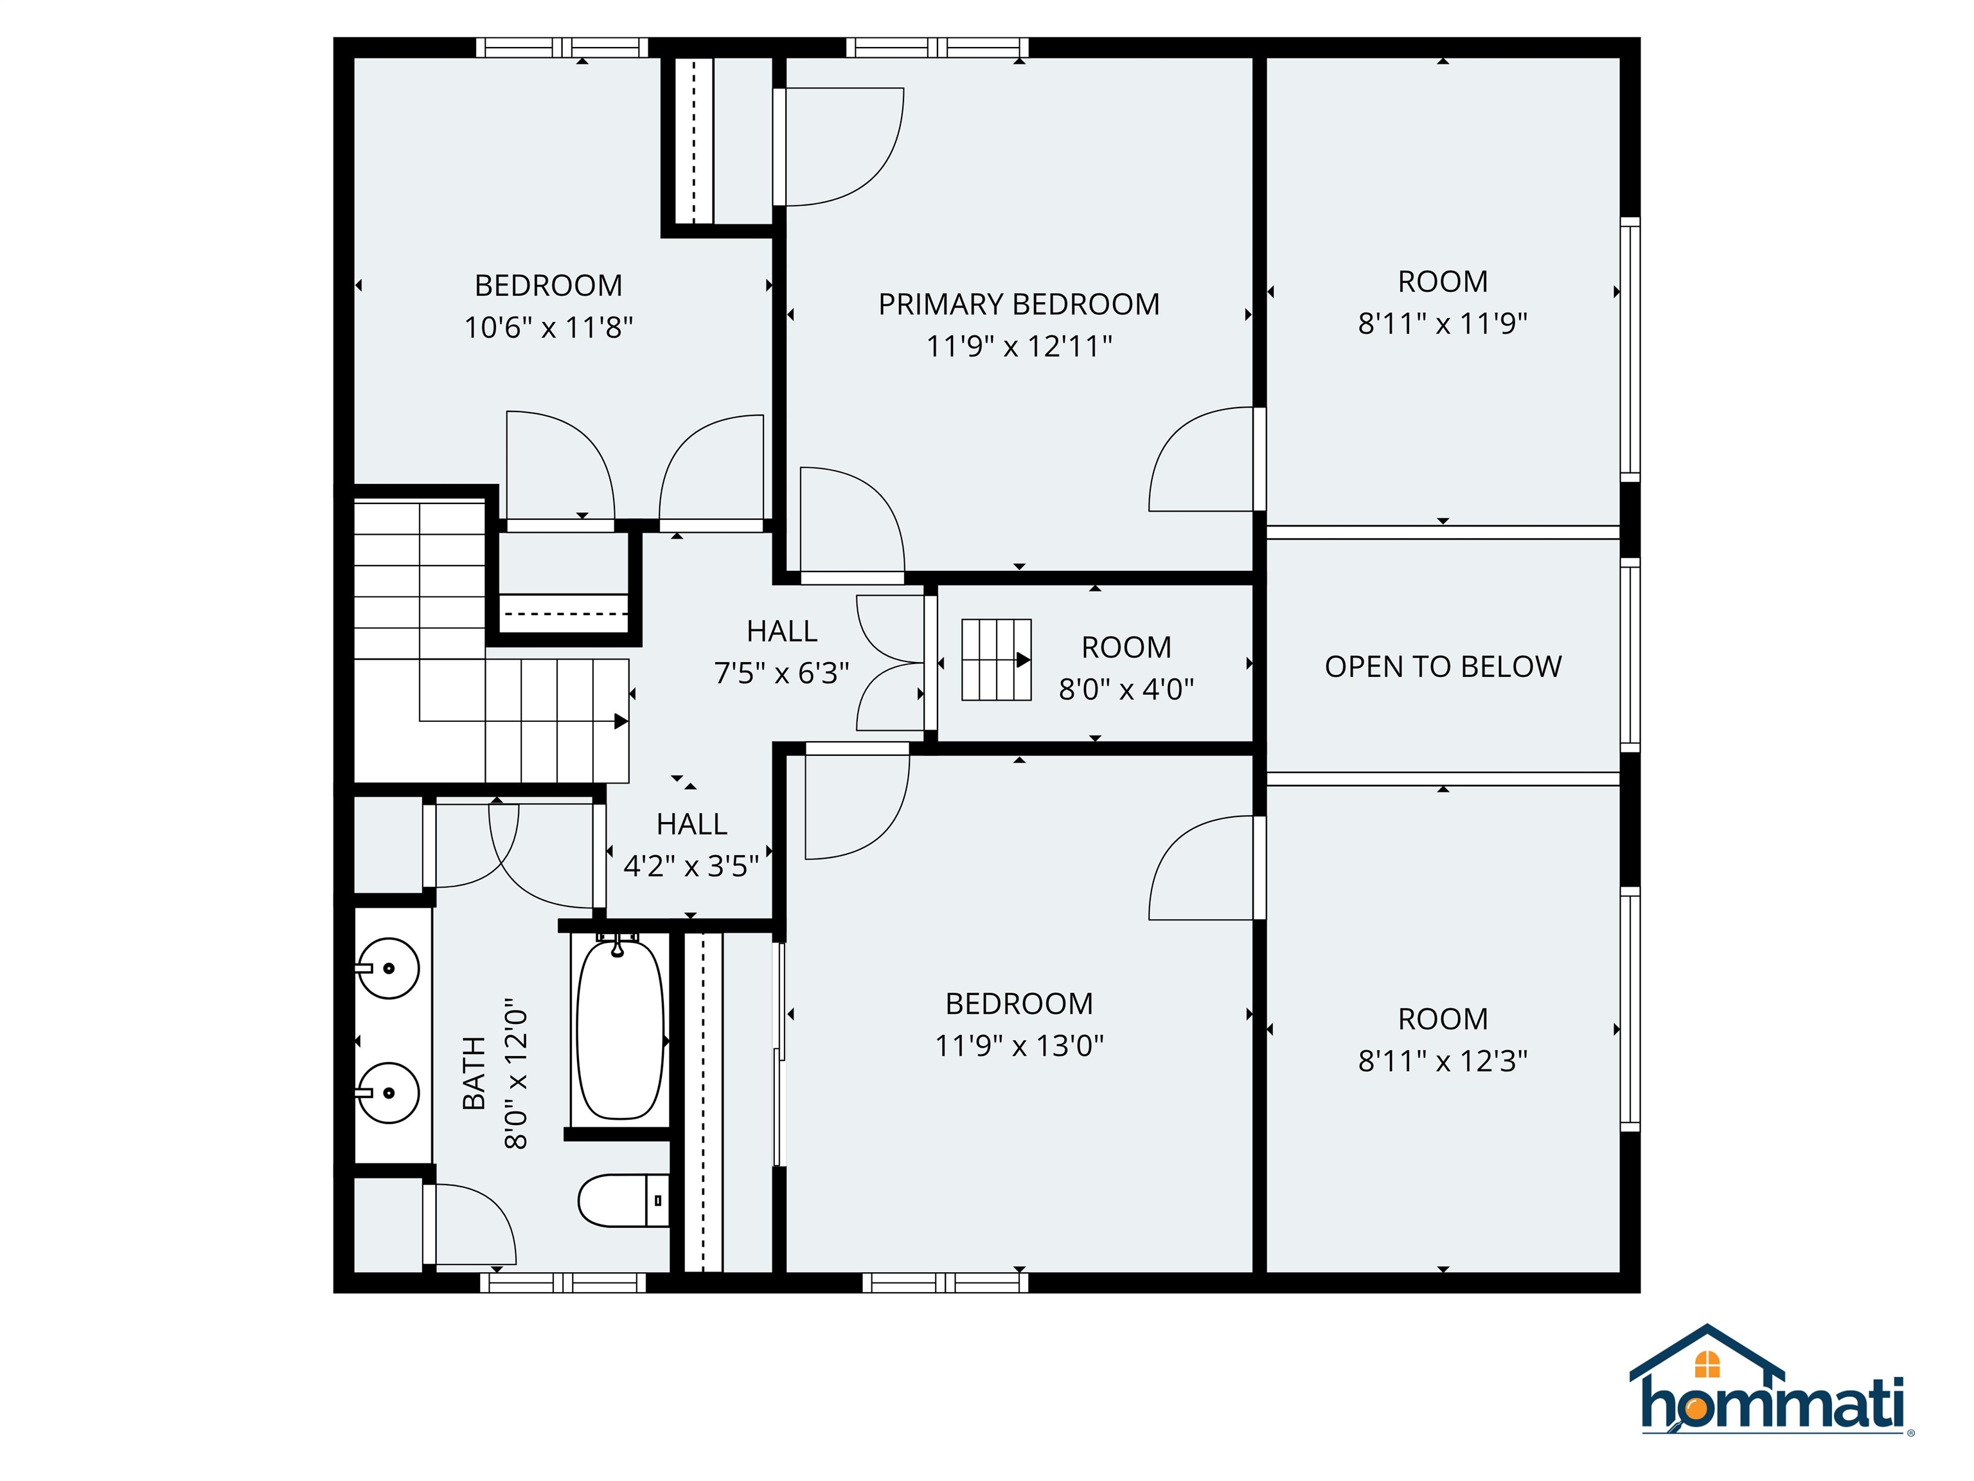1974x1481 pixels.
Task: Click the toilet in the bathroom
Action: [x=623, y=1200]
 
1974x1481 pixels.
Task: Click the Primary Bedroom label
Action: [x=1018, y=305]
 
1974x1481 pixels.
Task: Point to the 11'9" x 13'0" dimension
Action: [x=1018, y=1045]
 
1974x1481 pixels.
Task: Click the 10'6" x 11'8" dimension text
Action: [x=548, y=328]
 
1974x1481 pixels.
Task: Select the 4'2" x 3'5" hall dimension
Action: [x=691, y=866]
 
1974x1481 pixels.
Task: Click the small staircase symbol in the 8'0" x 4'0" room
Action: [x=996, y=660]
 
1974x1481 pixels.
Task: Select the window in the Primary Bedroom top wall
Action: [x=936, y=48]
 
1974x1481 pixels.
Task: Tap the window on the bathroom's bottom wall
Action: [x=562, y=1283]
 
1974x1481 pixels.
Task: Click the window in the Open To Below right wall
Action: [x=1630, y=655]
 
